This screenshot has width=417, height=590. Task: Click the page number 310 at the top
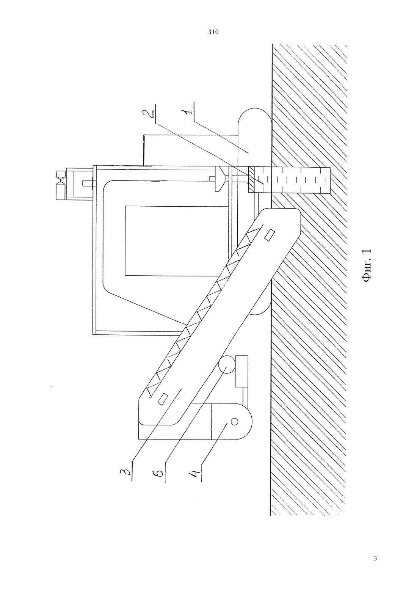point(213,32)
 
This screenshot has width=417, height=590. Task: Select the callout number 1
point(189,112)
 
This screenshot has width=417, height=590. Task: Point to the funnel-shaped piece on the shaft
point(221,179)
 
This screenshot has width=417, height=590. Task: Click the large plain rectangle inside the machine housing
point(177,241)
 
